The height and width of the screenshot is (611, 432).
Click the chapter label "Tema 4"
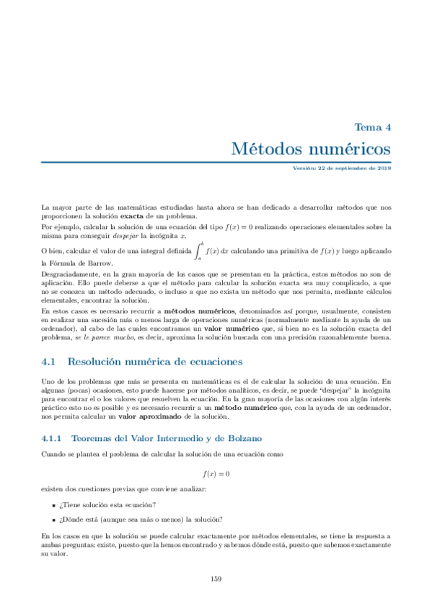tap(373, 127)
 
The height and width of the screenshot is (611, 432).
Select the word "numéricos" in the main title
tap(349, 149)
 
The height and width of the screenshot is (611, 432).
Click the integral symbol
tap(198, 250)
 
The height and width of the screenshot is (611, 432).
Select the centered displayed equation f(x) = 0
tap(216, 473)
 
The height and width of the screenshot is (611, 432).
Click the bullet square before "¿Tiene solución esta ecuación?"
tap(55, 504)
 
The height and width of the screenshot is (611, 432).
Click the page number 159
tap(216, 579)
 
